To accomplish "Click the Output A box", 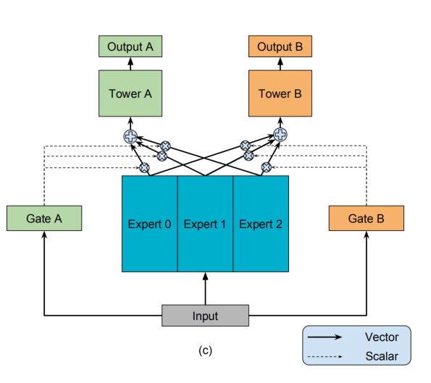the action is coord(130,46).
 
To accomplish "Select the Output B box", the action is coord(280,46).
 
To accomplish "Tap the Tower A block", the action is coord(130,93).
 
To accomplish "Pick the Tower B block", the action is coord(280,93).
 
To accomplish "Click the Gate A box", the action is coord(44,218).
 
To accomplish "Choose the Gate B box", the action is coord(367,218).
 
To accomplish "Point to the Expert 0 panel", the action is coord(150,224).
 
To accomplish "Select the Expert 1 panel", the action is coord(205,224).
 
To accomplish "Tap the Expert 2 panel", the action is coord(261,224).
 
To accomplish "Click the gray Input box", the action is coord(205,316).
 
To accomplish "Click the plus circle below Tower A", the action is coord(130,136).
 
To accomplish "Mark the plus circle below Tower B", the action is coord(280,135).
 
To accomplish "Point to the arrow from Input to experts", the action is coord(205,288).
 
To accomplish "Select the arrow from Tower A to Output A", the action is coord(130,64).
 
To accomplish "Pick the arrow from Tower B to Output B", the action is coord(280,64).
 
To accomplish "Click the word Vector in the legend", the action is coord(382,337).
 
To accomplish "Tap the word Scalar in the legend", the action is coord(382,356).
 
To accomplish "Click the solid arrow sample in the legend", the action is coord(325,337).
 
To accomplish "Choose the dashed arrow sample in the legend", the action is coord(325,357).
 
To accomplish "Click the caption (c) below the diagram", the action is coord(205,350).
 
